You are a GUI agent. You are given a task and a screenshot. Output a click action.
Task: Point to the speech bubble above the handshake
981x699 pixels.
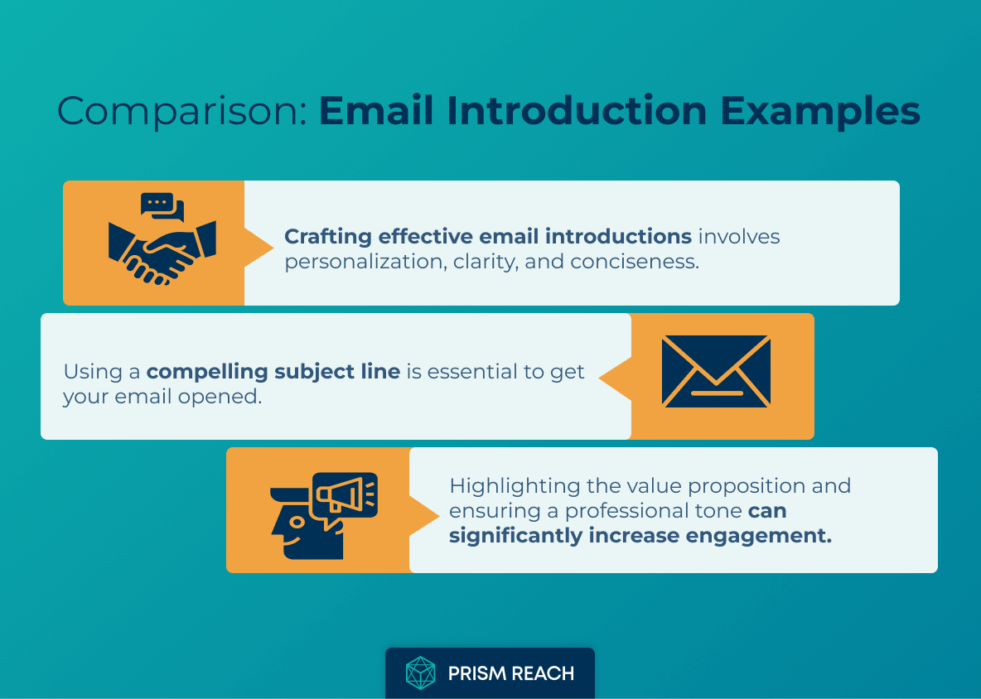coord(162,206)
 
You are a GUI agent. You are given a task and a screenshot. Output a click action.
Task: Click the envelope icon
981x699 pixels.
coord(716,371)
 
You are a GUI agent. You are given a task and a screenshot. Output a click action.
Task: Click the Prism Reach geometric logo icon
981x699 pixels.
coord(420,673)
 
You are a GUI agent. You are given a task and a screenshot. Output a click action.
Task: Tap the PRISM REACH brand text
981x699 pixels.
coord(511,673)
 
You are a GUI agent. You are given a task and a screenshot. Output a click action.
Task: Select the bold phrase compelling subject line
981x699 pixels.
coord(273,372)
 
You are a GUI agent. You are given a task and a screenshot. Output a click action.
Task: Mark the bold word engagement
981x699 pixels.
coord(758,536)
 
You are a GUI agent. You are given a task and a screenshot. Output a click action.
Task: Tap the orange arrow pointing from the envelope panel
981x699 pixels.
coord(615,378)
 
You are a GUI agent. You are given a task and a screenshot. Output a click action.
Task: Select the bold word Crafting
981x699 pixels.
coord(328,237)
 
